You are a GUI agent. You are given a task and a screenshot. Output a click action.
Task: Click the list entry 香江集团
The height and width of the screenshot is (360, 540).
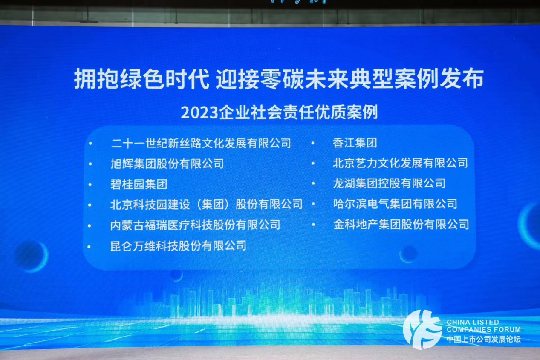tap(355, 143)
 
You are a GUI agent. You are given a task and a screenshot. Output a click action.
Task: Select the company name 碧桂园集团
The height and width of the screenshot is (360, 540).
tap(139, 184)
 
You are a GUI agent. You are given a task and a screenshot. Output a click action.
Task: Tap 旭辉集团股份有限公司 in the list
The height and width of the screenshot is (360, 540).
tap(167, 164)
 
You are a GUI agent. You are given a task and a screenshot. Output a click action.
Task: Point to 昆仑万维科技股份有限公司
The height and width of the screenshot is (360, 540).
tap(179, 246)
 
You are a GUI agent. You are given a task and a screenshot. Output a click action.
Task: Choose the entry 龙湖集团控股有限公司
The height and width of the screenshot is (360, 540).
tap(389, 183)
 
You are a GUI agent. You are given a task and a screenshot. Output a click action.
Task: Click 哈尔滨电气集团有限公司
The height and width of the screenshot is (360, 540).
tap(395, 204)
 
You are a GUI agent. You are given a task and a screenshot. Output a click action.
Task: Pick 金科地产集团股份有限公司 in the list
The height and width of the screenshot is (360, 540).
tap(401, 225)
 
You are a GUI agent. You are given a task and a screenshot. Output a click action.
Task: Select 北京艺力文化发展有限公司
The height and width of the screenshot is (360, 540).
tap(401, 163)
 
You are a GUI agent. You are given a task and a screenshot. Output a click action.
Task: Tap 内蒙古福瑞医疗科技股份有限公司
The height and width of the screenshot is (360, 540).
tap(195, 225)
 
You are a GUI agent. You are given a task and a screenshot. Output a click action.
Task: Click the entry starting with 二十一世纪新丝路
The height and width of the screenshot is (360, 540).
tap(201, 144)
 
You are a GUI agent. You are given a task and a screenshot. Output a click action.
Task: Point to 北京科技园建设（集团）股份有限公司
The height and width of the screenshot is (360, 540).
tap(206, 204)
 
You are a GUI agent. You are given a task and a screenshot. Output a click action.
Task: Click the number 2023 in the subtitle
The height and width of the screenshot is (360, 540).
tap(199, 113)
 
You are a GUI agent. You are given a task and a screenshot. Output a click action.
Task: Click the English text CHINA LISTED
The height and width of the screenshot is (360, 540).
tap(473, 322)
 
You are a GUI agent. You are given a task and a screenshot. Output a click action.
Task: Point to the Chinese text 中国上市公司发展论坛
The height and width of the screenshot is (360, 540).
tap(484, 339)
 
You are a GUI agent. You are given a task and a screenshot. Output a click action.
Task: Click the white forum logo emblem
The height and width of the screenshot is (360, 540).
tap(422, 329)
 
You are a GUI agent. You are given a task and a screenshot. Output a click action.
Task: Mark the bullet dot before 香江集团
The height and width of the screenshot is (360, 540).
tap(313, 143)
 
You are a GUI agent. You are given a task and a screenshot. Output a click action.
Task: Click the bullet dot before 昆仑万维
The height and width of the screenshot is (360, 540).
tap(89, 247)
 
